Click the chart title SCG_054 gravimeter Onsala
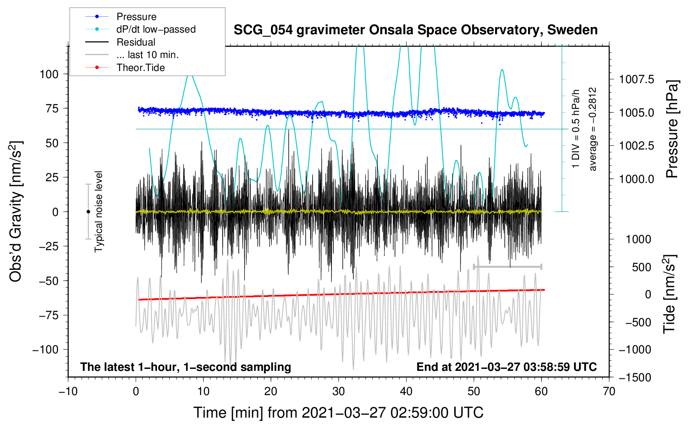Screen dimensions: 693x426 [x=415, y=30]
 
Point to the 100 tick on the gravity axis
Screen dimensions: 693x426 [x=49, y=74]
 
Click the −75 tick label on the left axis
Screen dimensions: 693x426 [x=48, y=315]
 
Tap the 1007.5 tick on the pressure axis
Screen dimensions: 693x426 [x=637, y=79]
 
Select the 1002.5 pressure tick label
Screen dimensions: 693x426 [x=637, y=145]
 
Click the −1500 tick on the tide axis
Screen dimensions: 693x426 [x=635, y=378]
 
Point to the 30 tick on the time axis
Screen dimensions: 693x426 [x=339, y=391]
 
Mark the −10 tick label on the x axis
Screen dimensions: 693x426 [x=68, y=391]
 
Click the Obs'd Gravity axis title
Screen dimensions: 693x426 [x=16, y=211]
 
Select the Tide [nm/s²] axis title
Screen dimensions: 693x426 [x=670, y=294]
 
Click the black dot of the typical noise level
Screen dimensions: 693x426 [x=88, y=212]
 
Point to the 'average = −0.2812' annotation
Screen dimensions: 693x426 [x=592, y=129]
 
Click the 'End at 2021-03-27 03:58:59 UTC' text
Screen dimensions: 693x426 [x=506, y=367]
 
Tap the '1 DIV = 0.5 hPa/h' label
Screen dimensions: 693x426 [x=575, y=129]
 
